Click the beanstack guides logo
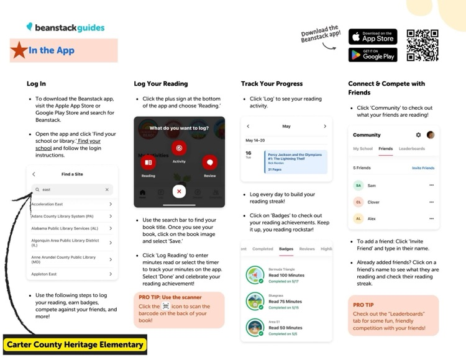(x=65, y=27)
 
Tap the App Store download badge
(x=372, y=36)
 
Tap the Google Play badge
(x=372, y=55)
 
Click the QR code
(x=422, y=45)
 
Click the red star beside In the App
(x=19, y=51)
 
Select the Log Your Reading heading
(x=161, y=84)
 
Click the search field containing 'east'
(x=72, y=190)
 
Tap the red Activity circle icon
(x=179, y=148)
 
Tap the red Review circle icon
(x=210, y=163)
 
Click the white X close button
(x=179, y=192)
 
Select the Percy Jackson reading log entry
(x=295, y=161)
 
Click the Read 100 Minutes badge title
(x=286, y=275)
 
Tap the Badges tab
(x=286, y=249)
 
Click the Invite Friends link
(x=423, y=168)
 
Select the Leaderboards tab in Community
(x=412, y=149)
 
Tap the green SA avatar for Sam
(x=358, y=185)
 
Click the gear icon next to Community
(x=418, y=135)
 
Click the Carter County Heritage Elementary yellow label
(x=75, y=344)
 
